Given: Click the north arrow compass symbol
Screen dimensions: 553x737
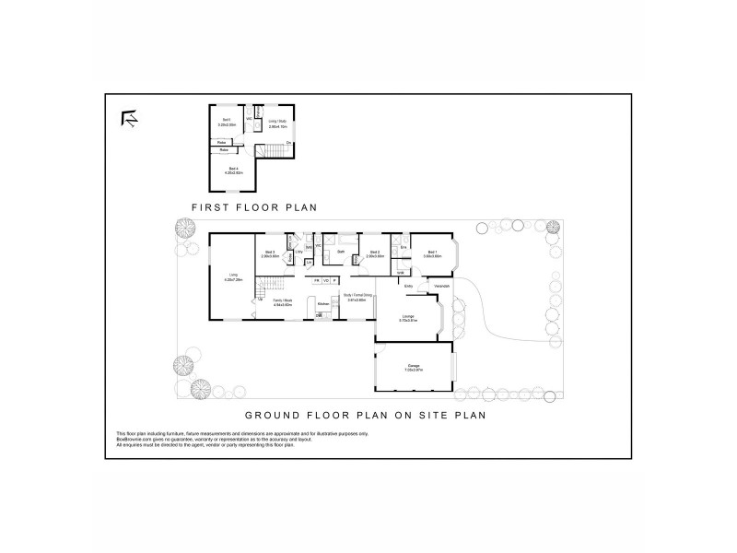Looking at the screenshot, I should coord(129,119).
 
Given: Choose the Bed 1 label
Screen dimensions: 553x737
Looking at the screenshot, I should coord(432,251).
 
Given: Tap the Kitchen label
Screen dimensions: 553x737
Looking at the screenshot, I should coord(323,303).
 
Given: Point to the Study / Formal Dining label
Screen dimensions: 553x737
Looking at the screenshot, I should coord(355,297).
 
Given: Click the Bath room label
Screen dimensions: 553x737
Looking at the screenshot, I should coord(341,251).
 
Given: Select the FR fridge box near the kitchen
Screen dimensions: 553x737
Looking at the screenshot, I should coord(317,280).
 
